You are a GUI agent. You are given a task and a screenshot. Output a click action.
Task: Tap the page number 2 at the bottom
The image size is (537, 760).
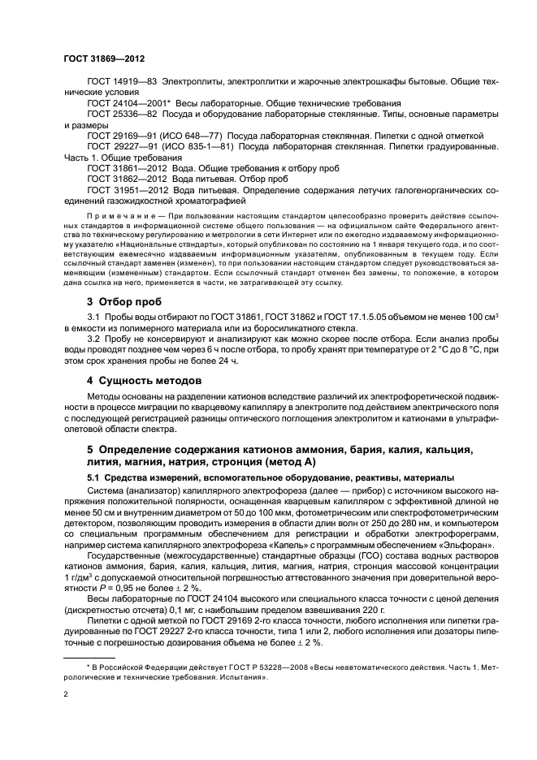67,695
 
